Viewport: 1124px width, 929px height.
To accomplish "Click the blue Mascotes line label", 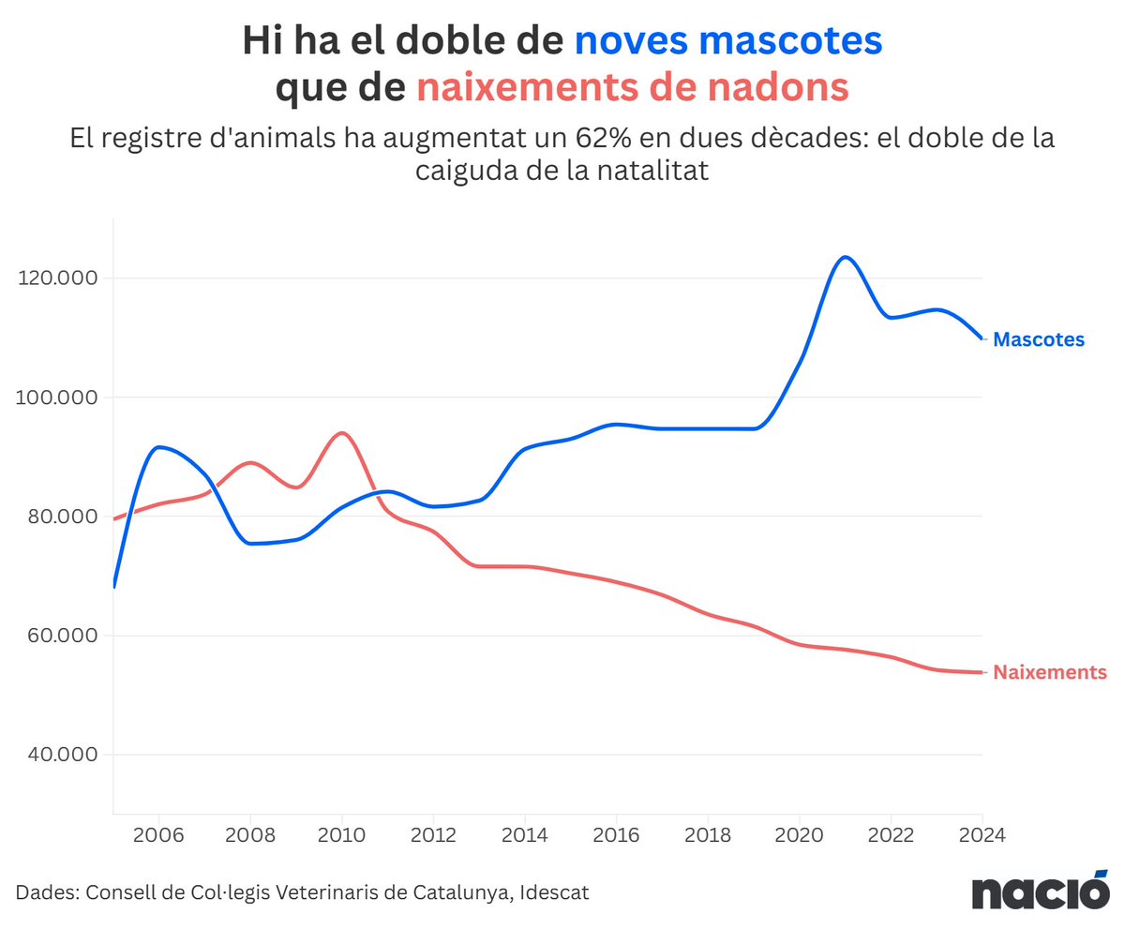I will pyautogui.click(x=1038, y=339).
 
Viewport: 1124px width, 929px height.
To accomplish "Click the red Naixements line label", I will pyautogui.click(x=1050, y=672).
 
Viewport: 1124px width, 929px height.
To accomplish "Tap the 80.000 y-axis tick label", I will pyautogui.click(x=58, y=517).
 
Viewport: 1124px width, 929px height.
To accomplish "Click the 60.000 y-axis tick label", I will pyautogui.click(x=58, y=636).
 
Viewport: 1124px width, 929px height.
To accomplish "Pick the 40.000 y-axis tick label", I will pyautogui.click(x=58, y=755).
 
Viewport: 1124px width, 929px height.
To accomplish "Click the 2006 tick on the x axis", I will pyautogui.click(x=158, y=834).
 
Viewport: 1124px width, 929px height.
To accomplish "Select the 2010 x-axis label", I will pyautogui.click(x=341, y=834).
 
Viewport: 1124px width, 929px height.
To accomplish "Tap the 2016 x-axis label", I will pyautogui.click(x=616, y=834).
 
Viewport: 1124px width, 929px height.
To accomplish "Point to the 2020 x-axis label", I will pyautogui.click(x=799, y=834).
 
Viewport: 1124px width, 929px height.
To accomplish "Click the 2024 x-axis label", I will pyautogui.click(x=981, y=834).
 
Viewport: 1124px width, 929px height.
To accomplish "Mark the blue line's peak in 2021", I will pyautogui.click(x=845, y=257).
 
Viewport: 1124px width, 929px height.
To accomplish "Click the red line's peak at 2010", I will pyautogui.click(x=341, y=433).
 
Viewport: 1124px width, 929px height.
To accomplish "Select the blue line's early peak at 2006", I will pyautogui.click(x=159, y=447).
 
